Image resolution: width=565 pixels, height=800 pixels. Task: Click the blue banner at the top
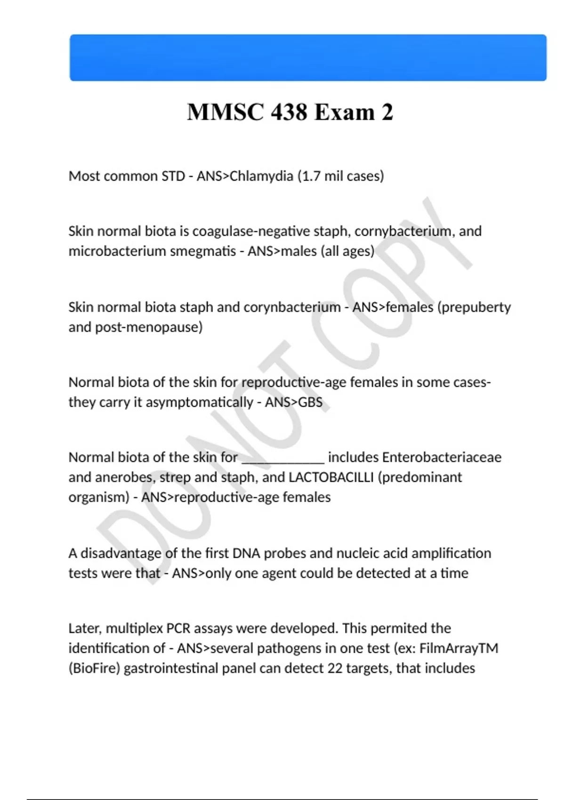click(308, 57)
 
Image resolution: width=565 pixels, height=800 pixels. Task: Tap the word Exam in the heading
click(344, 112)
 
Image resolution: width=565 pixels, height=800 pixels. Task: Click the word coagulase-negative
click(251, 231)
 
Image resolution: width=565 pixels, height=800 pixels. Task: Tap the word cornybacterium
click(403, 231)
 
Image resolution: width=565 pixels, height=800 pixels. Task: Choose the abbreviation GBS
click(310, 402)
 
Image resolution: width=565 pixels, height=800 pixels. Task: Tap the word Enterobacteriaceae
click(442, 457)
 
